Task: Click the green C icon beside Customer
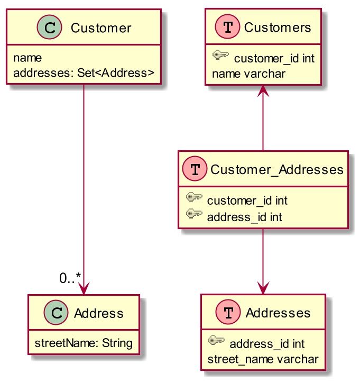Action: [51, 28]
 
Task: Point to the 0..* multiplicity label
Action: [70, 278]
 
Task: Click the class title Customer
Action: [100, 28]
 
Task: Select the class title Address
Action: [98, 314]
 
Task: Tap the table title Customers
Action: [278, 28]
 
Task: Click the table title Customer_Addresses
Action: [277, 170]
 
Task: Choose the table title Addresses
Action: [278, 314]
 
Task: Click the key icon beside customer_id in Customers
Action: [220, 55]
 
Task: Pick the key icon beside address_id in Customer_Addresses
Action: [195, 215]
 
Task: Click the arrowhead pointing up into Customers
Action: [263, 91]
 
